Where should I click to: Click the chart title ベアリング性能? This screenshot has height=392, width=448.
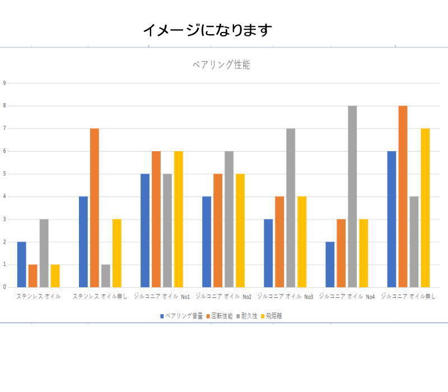221,65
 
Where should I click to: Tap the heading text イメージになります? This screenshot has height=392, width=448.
207,30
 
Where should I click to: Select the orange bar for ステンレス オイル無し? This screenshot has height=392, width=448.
95,207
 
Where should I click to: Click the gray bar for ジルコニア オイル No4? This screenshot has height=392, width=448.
352,196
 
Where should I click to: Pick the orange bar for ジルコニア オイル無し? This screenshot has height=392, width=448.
403,196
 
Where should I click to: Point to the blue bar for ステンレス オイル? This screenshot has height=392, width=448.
22,264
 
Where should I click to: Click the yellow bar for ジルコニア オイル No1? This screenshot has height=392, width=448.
179,219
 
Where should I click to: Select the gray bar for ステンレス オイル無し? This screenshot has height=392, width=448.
106,276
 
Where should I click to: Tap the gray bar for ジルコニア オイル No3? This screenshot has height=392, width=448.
291,207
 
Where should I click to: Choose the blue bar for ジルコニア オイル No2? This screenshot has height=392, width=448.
207,241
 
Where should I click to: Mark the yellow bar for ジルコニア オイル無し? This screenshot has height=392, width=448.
425,207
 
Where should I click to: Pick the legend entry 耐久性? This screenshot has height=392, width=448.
249,316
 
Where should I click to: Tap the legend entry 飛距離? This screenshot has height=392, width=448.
274,316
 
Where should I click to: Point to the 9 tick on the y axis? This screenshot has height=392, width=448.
4,83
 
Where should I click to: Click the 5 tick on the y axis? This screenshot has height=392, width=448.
4,174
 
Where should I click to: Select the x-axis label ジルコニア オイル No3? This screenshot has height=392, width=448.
285,296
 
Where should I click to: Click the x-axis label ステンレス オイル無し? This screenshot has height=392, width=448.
100,296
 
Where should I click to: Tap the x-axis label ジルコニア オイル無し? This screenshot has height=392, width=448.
408,296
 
